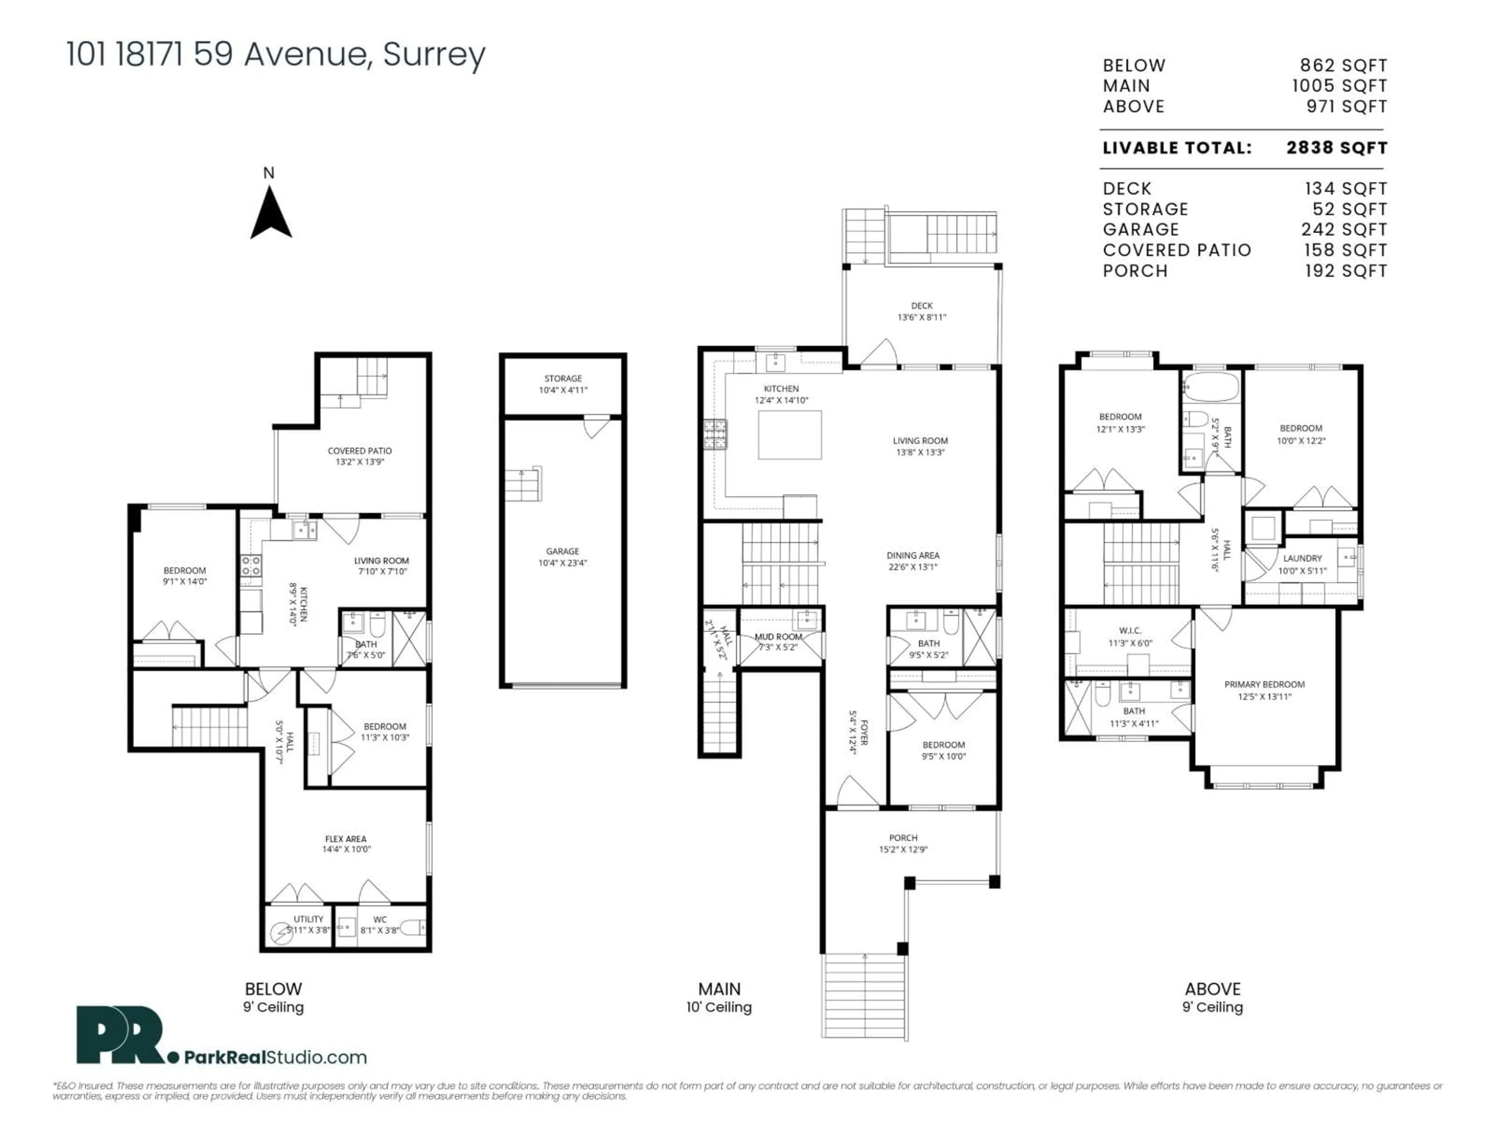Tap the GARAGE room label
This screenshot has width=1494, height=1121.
[x=563, y=552]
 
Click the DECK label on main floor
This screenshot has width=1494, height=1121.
[x=921, y=306]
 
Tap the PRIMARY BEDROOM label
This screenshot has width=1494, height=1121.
[x=1264, y=685]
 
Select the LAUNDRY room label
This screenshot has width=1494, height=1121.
[x=1302, y=558]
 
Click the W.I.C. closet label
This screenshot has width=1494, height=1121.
[x=1130, y=631]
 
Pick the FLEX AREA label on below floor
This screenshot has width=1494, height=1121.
[x=346, y=838]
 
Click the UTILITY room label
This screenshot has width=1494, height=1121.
[x=308, y=919]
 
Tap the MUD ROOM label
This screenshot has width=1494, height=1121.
[x=778, y=636]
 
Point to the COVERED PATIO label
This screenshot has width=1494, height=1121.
[x=359, y=451]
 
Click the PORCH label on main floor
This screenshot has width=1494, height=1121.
[x=903, y=838]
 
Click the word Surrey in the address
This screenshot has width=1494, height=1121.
[x=434, y=54]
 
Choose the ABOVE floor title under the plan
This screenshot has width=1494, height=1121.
[x=1212, y=989]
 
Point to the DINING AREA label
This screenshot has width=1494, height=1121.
[x=912, y=555]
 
